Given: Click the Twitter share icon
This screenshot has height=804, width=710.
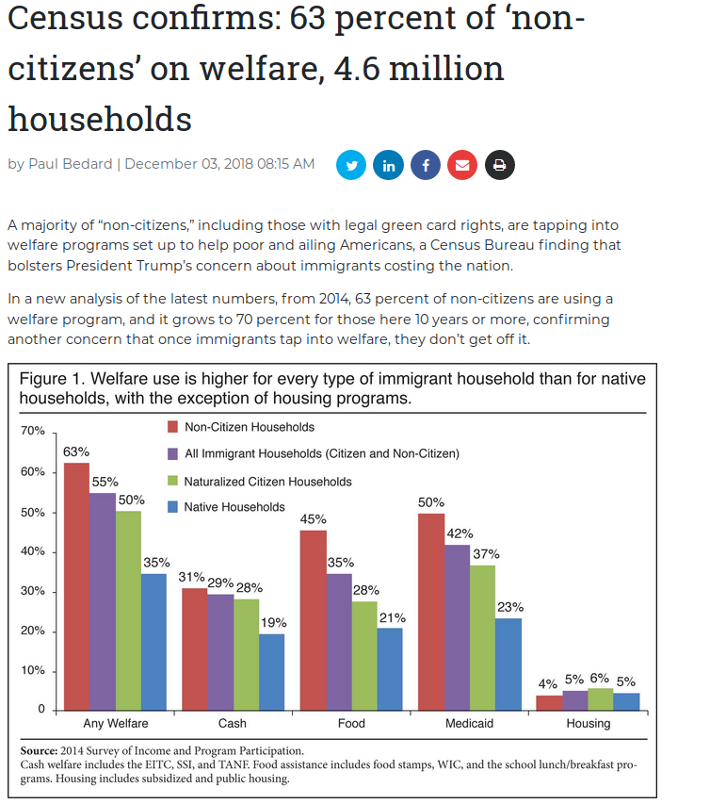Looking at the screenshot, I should point(351,165).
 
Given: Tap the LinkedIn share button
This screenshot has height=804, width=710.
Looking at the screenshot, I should point(388,165).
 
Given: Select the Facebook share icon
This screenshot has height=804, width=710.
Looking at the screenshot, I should point(425,165).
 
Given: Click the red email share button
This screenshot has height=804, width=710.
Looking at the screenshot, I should point(461,165).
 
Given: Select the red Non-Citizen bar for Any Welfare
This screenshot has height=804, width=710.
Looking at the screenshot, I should point(76,584).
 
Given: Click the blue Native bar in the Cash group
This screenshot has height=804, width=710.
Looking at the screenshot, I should point(272,670).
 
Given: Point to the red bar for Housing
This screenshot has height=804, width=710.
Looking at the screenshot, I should point(549,701).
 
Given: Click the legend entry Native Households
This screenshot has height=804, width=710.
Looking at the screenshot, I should point(234,507).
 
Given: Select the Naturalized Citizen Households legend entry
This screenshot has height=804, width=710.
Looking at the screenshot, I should point(267,481).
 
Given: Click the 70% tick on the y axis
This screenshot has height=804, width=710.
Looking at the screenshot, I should point(33,431).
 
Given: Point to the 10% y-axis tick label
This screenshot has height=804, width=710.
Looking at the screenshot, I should point(33,671).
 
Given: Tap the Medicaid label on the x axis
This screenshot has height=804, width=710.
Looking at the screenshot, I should point(470,724).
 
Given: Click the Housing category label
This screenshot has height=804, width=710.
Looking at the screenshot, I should point(588,724).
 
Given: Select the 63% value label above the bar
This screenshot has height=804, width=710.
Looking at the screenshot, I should point(76,452).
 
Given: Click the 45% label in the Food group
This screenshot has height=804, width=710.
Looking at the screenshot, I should point(313,519).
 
